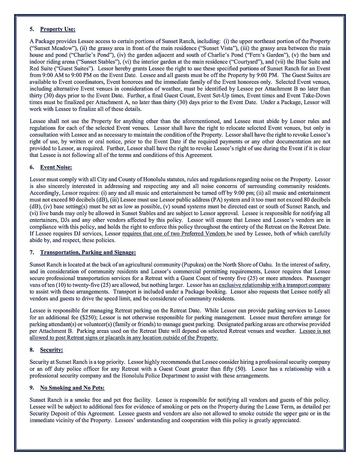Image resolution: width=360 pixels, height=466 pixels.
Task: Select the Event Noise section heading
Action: [x=56, y=167]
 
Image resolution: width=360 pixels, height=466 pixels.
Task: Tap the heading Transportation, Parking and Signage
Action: [x=88, y=253]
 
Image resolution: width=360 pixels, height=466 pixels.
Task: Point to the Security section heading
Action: [x=51, y=350]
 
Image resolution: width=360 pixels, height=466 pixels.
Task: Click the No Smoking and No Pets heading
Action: [x=72, y=388]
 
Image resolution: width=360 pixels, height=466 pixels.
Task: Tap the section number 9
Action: [x=32, y=388]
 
